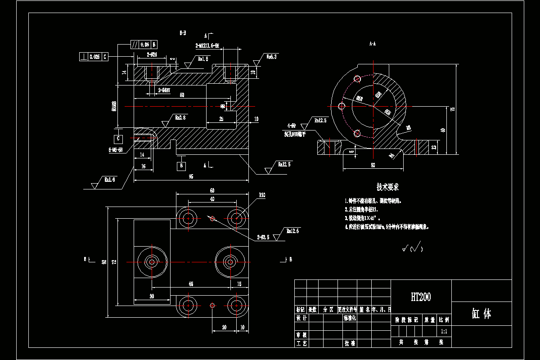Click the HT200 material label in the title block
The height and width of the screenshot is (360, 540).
[x=421, y=297]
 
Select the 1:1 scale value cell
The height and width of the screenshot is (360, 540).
[x=444, y=331]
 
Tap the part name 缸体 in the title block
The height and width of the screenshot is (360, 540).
[x=481, y=314]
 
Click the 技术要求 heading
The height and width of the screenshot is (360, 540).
[x=387, y=187]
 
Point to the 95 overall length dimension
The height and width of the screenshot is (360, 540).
[x=191, y=177]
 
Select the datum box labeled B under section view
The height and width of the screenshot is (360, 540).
[x=181, y=166]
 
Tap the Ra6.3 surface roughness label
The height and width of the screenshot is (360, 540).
[x=271, y=57]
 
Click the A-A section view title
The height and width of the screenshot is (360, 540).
[x=372, y=44]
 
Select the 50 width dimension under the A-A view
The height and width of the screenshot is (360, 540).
[x=373, y=165]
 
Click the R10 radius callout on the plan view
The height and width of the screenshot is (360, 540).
[x=262, y=195]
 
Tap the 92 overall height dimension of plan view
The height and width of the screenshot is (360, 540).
[x=104, y=262]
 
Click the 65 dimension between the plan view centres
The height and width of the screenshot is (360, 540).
[x=191, y=284]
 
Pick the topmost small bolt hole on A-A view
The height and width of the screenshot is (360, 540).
[x=357, y=79]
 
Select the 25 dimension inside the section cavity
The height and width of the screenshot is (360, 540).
[x=221, y=119]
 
